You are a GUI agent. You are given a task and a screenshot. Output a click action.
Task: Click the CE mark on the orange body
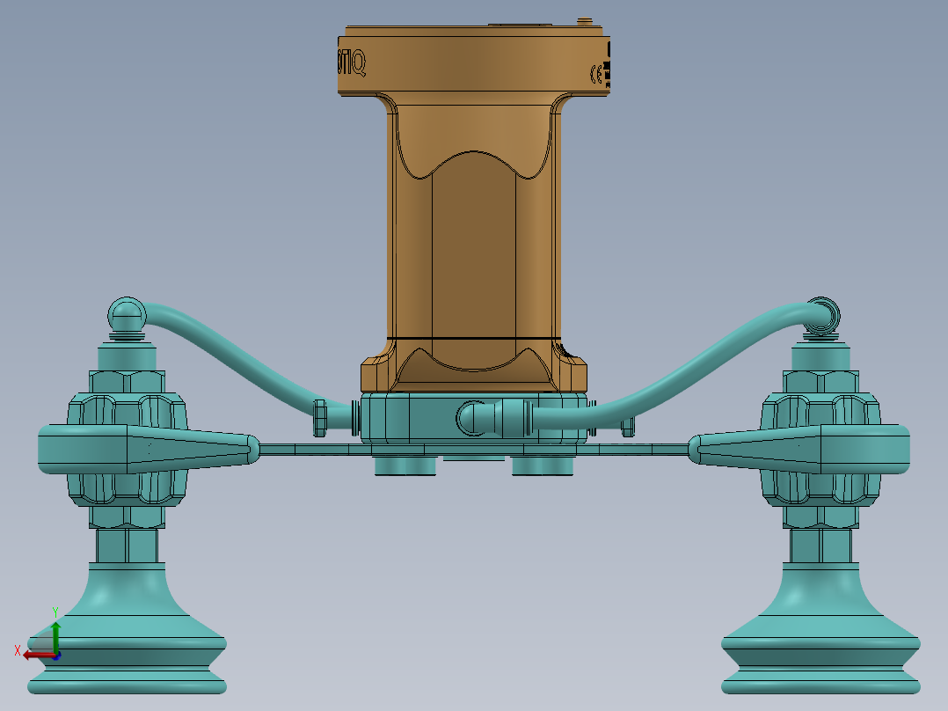tap(595, 75)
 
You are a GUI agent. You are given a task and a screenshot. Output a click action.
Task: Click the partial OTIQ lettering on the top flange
tap(352, 63)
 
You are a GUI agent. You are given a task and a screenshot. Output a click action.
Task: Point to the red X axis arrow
tap(35, 654)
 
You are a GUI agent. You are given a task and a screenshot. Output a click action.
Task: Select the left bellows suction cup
tap(127, 634)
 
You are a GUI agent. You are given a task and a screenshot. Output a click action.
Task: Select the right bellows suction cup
tap(820, 634)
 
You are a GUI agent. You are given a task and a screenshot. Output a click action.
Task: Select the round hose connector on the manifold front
tap(475, 417)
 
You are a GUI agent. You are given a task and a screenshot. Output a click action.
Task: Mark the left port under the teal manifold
tap(405, 465)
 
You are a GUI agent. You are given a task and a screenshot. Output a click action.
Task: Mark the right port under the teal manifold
tap(543, 465)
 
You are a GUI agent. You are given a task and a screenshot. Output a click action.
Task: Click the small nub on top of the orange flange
tap(582, 18)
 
